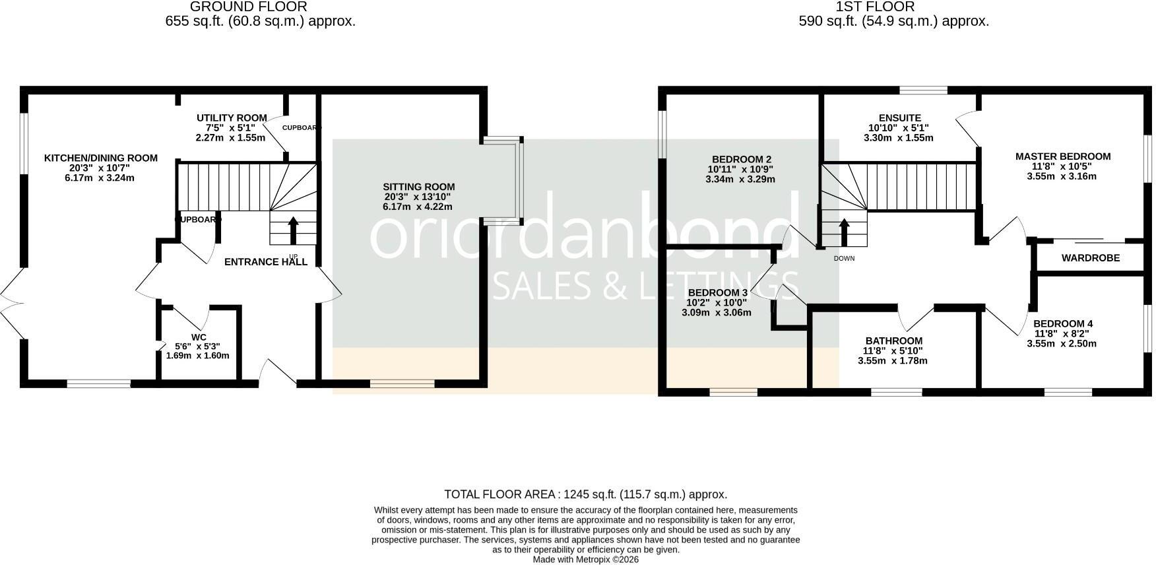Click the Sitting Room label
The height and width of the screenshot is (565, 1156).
[419, 187]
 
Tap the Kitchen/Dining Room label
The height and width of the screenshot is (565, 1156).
[101, 158]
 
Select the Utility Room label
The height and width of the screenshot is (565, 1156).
[232, 117]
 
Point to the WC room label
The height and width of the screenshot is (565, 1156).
[199, 337]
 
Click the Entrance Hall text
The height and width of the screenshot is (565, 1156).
[266, 261]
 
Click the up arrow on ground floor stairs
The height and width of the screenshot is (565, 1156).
[294, 230]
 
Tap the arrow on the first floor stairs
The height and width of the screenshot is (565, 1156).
[844, 232]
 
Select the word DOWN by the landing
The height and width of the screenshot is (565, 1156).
[844, 258]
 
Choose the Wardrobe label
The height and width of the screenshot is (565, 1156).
[1091, 258]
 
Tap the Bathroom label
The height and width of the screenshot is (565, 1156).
[893, 341]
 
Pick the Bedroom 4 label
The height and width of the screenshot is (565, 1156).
[1063, 323]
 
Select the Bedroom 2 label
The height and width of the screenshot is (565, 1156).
[742, 159]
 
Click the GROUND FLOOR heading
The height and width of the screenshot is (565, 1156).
[248, 7]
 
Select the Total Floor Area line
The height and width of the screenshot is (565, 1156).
[586, 494]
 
